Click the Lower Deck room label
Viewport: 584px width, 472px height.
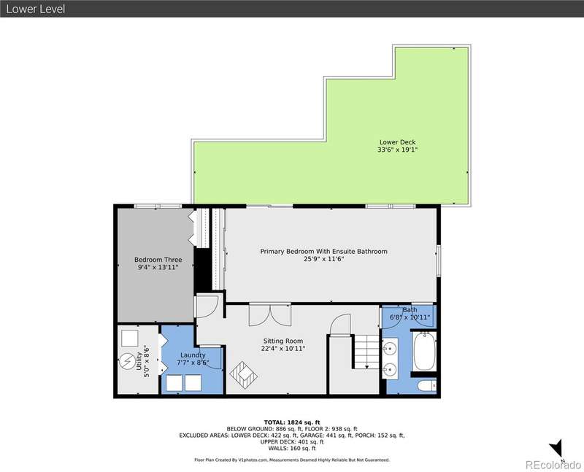click(x=397, y=142)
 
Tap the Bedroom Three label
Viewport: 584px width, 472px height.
click(x=158, y=260)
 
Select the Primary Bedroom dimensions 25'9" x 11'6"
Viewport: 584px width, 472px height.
click(x=323, y=259)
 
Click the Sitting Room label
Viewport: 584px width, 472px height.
click(x=283, y=341)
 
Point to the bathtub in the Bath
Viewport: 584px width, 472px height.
click(x=425, y=350)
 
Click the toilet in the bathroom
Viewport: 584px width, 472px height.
click(x=427, y=386)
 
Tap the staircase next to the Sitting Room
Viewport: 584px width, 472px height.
click(x=366, y=352)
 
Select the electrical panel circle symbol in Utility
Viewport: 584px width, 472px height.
click(x=127, y=361)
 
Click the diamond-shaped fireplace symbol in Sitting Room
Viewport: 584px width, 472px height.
click(x=244, y=375)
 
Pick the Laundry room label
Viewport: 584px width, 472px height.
click(x=193, y=355)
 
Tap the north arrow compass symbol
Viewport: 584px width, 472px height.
click(x=557, y=449)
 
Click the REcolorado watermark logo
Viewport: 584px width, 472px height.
click(x=553, y=465)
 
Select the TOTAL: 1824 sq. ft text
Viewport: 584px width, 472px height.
click(x=292, y=422)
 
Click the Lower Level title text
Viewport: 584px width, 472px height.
click(x=36, y=9)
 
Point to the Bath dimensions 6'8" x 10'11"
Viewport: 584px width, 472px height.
click(x=410, y=317)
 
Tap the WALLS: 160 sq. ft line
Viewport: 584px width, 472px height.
click(x=292, y=449)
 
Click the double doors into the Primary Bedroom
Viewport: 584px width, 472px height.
click(x=270, y=315)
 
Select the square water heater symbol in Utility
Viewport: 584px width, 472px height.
click(x=130, y=338)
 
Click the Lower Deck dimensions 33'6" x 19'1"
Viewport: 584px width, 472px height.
click(x=397, y=150)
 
